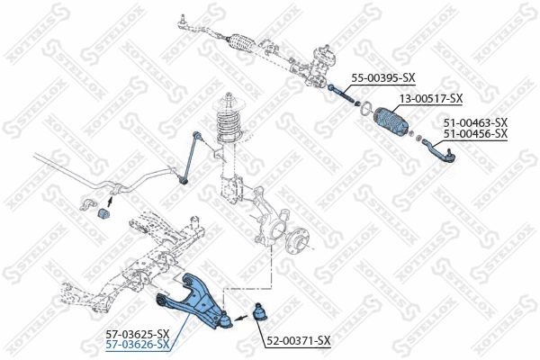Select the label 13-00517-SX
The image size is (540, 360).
click(430, 98)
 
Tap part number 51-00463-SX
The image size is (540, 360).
click(475, 121)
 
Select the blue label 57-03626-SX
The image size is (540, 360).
click(139, 345)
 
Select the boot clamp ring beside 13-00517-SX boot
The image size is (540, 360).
click(364, 110)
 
